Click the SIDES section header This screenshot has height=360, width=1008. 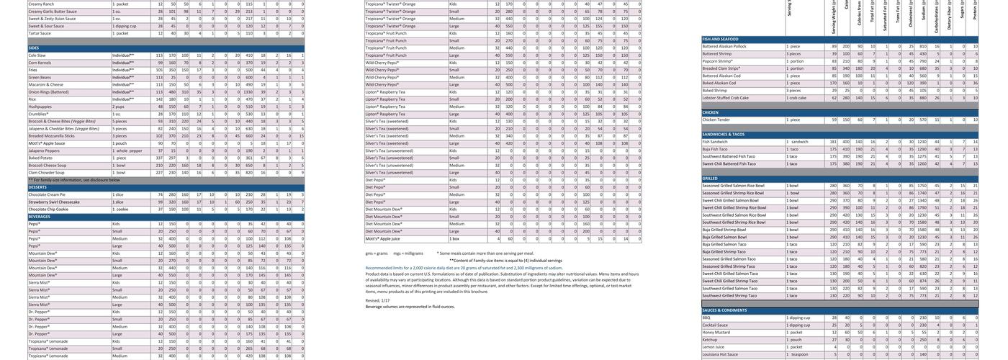(x=34, y=48)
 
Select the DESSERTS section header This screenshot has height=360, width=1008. (x=37, y=187)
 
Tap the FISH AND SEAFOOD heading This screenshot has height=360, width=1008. (x=721, y=39)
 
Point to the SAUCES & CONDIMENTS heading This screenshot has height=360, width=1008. (x=724, y=310)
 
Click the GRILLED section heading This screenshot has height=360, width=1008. (x=710, y=179)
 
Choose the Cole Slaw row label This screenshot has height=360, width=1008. (x=37, y=55)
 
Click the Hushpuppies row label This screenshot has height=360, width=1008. (x=40, y=107)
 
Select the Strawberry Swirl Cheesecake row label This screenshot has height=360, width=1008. (x=54, y=202)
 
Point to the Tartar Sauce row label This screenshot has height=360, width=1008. (x=40, y=33)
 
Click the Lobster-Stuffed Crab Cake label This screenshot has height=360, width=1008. (x=726, y=98)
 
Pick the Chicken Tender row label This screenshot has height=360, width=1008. (x=716, y=120)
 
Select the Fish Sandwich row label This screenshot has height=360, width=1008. (x=715, y=142)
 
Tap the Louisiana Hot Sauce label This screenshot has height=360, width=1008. (x=720, y=354)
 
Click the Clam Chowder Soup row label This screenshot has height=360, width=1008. (x=46, y=173)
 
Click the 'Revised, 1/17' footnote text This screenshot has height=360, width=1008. (x=377, y=300)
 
